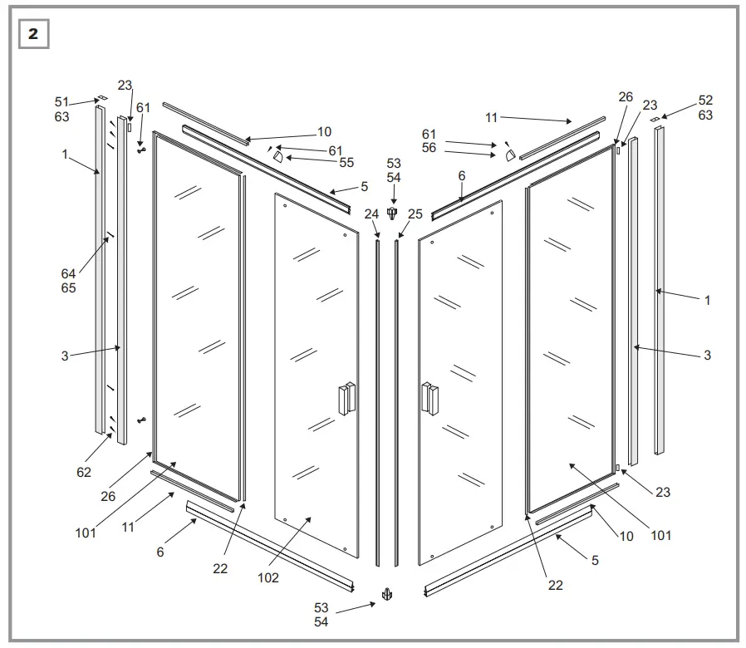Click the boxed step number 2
[33, 34]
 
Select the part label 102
[268, 578]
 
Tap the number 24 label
[371, 214]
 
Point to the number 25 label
[415, 214]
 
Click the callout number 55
[346, 163]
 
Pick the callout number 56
[429, 149]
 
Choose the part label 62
[84, 473]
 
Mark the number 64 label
[68, 273]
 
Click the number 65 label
[68, 287]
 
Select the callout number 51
[62, 102]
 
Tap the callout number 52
[705, 100]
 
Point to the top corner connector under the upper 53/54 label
[392, 214]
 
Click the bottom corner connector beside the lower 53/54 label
[387, 594]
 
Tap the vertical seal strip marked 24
[378, 399]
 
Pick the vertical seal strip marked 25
[398, 399]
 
